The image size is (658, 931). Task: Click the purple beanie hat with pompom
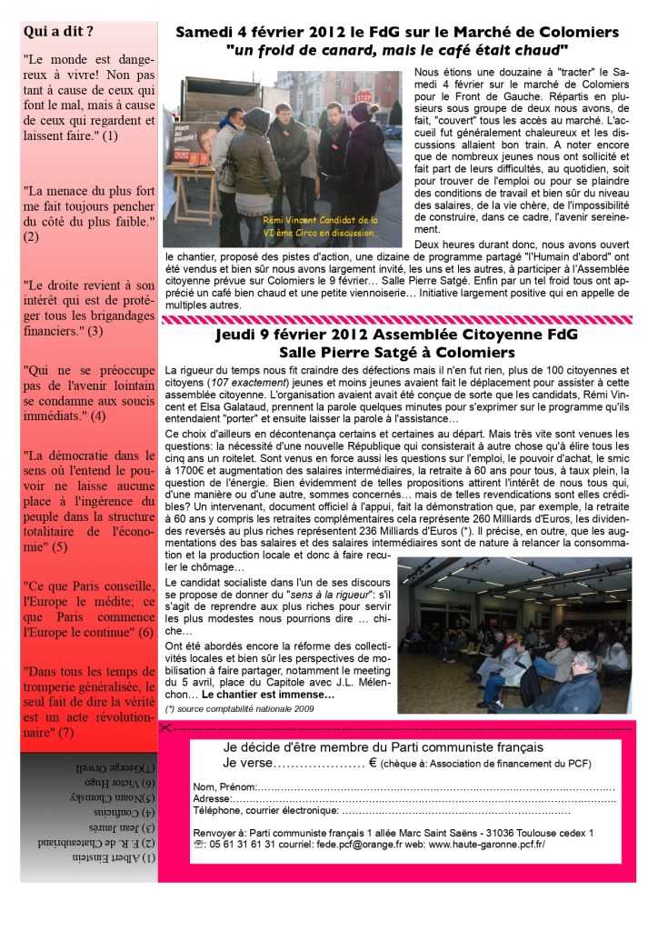(x=359, y=110)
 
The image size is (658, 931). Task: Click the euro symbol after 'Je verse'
(x=373, y=765)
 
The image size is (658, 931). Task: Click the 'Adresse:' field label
(x=214, y=798)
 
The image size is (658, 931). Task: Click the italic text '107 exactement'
(x=248, y=382)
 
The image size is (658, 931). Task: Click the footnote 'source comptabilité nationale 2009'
(x=240, y=707)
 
